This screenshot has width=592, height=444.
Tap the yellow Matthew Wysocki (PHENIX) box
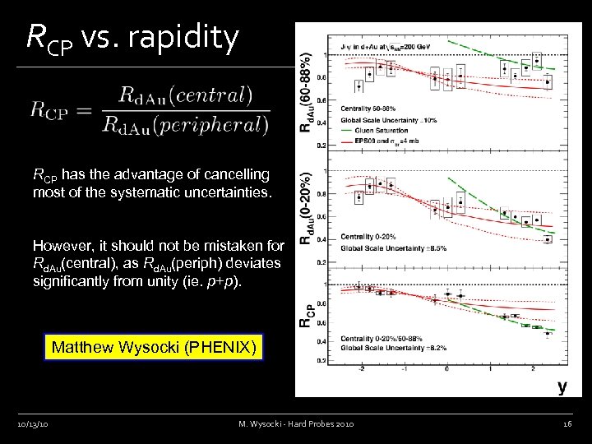[154, 347]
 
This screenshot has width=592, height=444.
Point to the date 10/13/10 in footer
[33, 423]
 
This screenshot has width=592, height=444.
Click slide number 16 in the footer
[567, 423]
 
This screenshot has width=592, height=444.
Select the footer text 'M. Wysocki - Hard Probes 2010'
[296, 423]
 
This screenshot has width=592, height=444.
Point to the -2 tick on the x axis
[360, 369]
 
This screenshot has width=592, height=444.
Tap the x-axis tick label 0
[446, 369]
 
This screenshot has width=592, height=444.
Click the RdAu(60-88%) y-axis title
[306, 90]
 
